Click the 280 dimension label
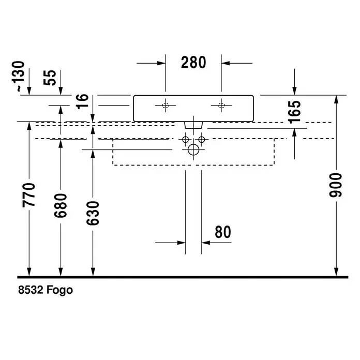click(x=193, y=63)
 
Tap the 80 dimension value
click(x=223, y=232)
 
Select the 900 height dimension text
click(x=336, y=185)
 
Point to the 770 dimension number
click(x=28, y=194)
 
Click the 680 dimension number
click(x=61, y=205)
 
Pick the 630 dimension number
click(x=93, y=213)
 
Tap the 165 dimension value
click(x=294, y=112)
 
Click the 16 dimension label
click(x=82, y=101)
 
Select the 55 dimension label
click(x=50, y=78)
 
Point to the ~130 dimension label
click(x=18, y=76)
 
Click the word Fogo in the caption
click(x=59, y=290)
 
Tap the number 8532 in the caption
click(x=31, y=290)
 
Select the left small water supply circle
click(x=185, y=139)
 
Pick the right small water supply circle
click(x=202, y=139)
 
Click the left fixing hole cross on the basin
click(x=166, y=106)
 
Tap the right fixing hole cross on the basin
click(x=221, y=106)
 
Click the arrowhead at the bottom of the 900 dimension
click(x=336, y=273)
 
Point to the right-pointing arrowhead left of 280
click(x=161, y=63)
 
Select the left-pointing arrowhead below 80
click(x=206, y=243)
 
